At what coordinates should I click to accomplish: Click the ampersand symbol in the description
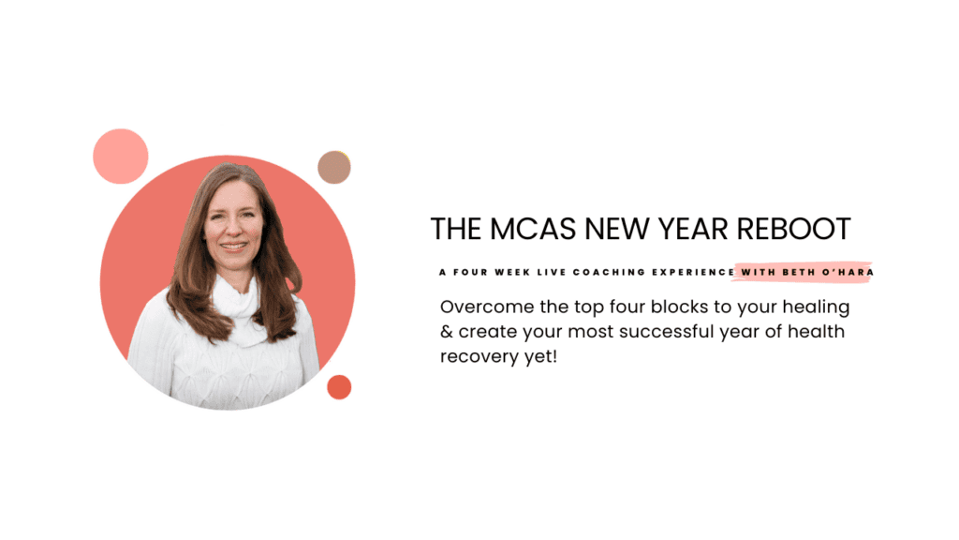446,333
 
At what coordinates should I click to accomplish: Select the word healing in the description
816,307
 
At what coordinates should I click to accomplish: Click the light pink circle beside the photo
121,156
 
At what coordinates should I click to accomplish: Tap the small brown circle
333,167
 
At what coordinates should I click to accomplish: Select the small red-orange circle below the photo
339,387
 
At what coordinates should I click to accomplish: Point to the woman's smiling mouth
234,246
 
